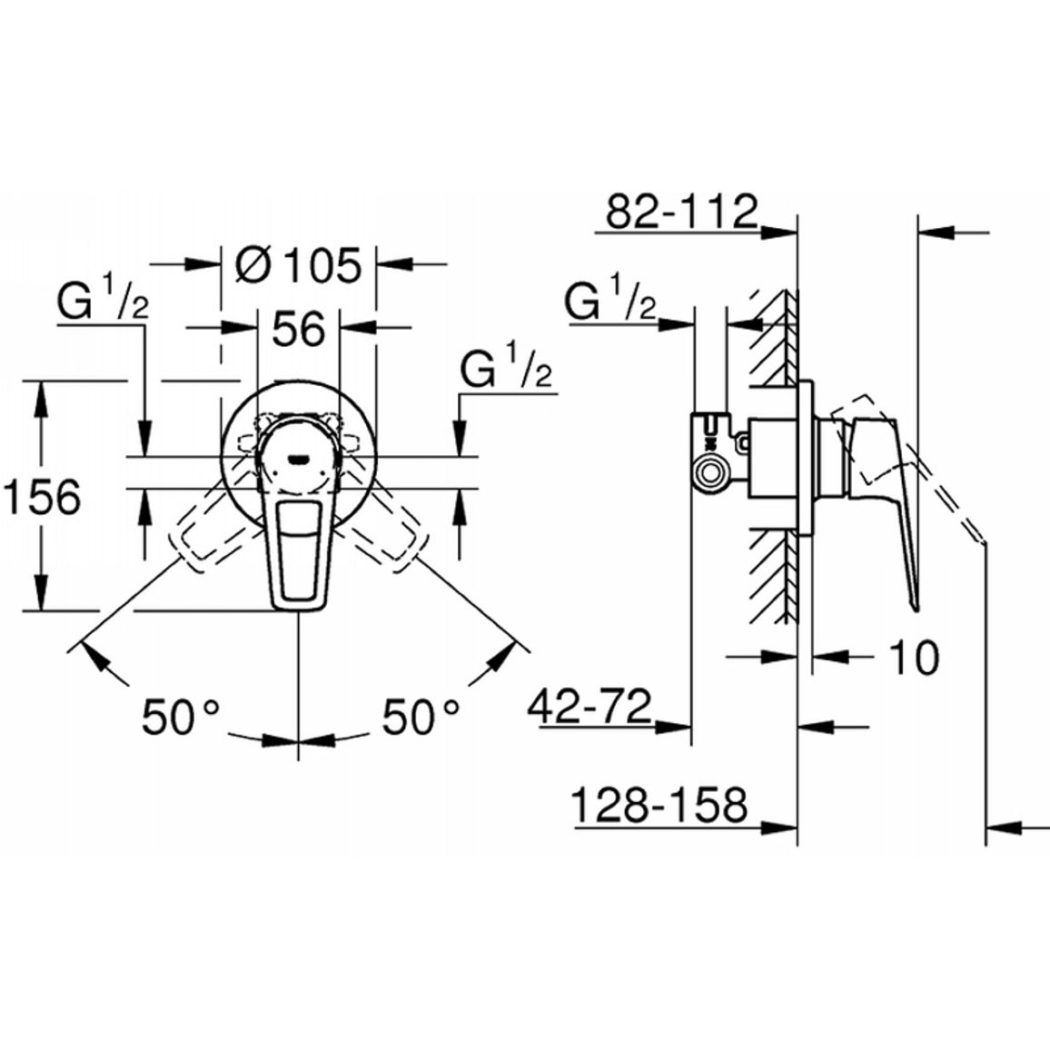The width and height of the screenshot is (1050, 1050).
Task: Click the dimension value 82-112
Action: coord(682,211)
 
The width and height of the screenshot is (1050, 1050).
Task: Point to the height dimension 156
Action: coord(42,496)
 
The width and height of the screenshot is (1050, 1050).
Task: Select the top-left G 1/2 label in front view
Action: coord(103,302)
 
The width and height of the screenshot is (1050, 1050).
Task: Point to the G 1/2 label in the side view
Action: coord(610,299)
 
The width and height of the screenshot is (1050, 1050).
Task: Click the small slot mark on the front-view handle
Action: coord(298,460)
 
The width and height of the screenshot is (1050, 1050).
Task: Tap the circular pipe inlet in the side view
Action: coord(711,473)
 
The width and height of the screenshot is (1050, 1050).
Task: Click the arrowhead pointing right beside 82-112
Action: coord(778,233)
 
